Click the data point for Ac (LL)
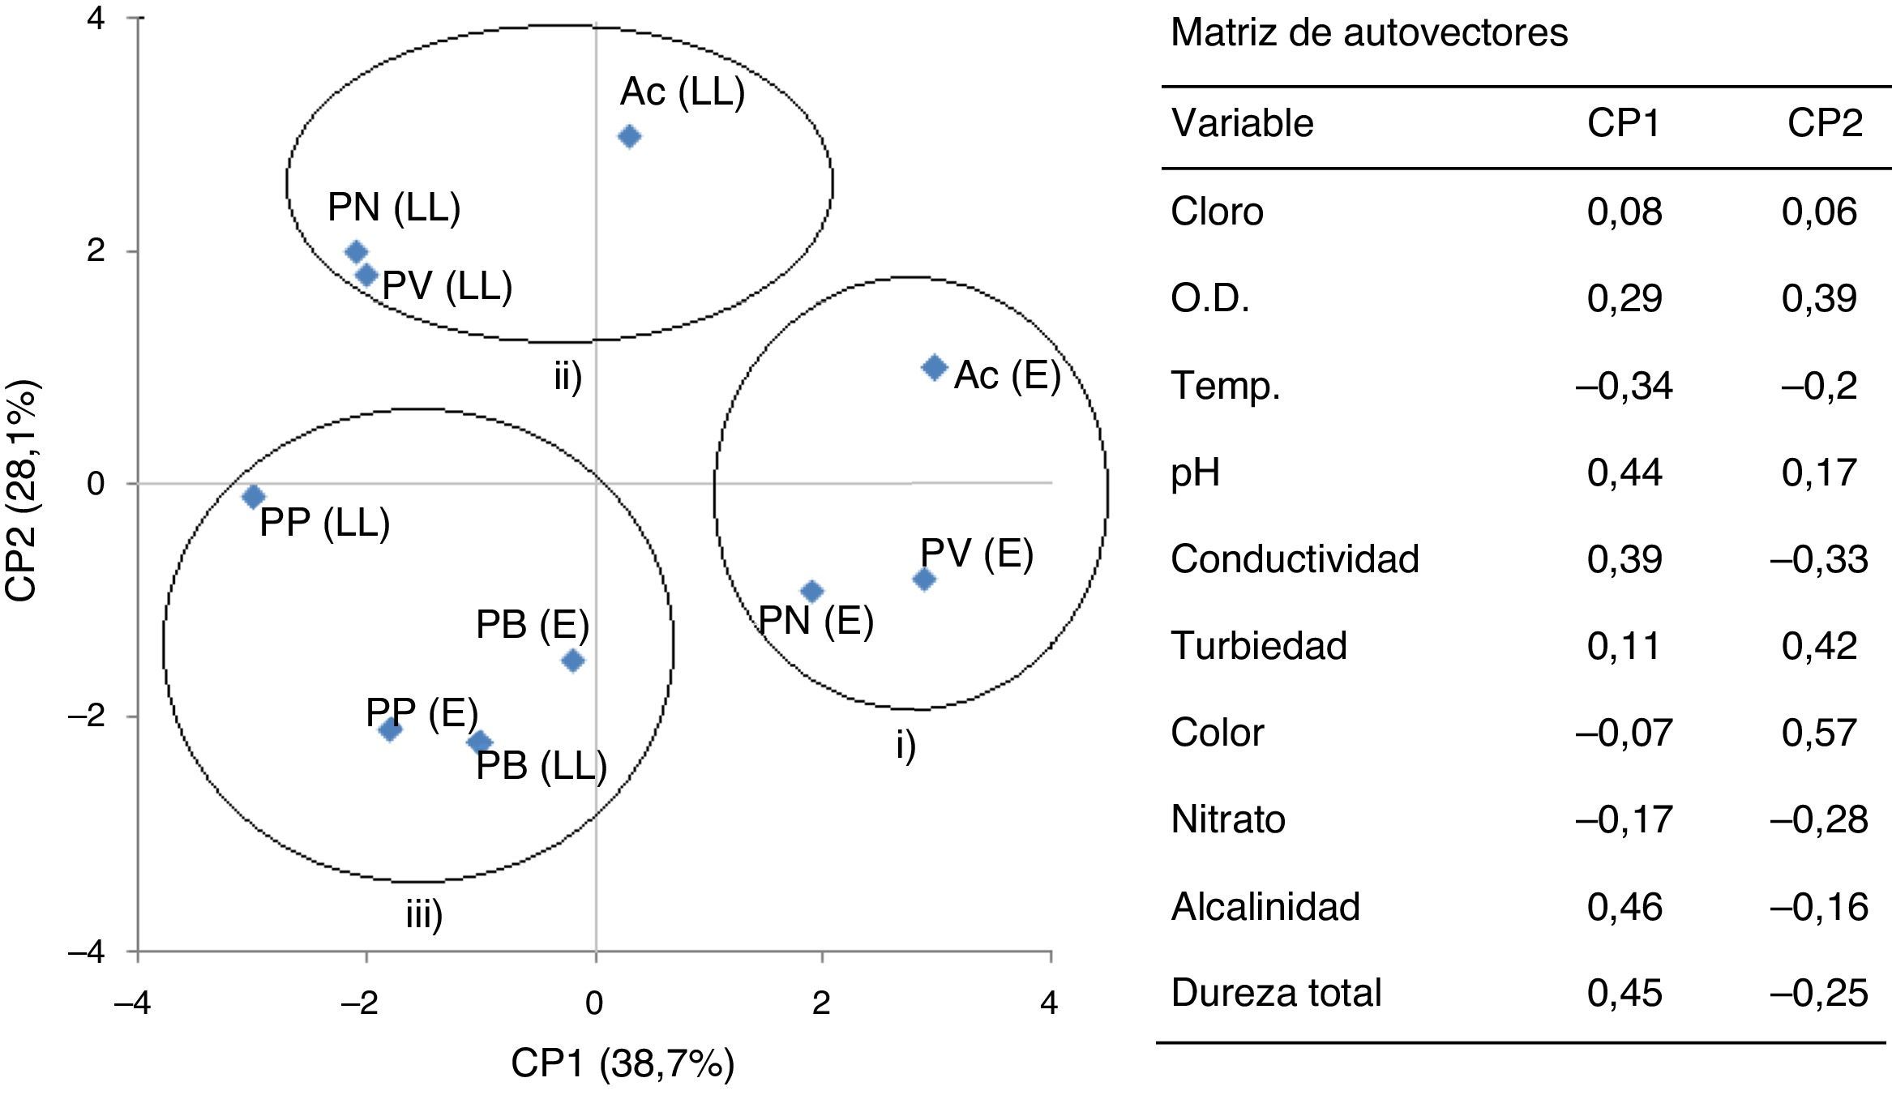pos(629,136)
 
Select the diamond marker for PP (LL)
pos(254,496)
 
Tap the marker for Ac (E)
pos(935,367)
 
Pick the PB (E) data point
pos(573,661)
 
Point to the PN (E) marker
pos(812,592)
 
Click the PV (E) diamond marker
pos(924,579)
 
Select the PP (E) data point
pos(390,730)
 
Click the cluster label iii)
pos(424,916)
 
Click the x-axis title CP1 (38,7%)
pos(623,1064)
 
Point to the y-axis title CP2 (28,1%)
pos(22,492)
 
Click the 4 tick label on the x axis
pos(1049,1003)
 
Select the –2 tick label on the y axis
pos(86,716)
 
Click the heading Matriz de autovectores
pos(1369,33)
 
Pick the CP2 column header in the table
pos(1825,123)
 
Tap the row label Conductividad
pos(1295,558)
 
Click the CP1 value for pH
pos(1624,472)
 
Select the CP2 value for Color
pos(1819,733)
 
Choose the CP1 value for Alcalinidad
pos(1624,906)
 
